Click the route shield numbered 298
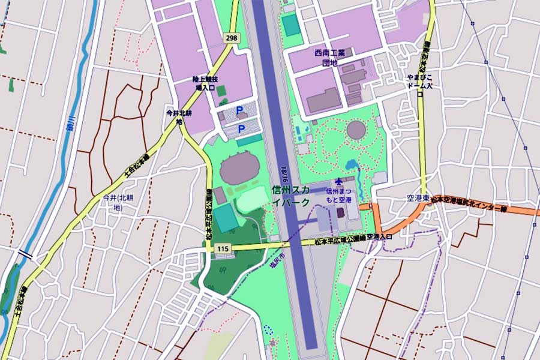click(231, 38)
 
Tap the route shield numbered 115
click(224, 248)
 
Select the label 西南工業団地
click(329, 58)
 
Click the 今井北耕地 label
click(178, 116)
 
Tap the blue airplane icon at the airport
click(340, 181)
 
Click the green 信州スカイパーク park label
click(290, 196)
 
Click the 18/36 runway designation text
click(287, 172)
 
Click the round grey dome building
click(356, 130)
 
